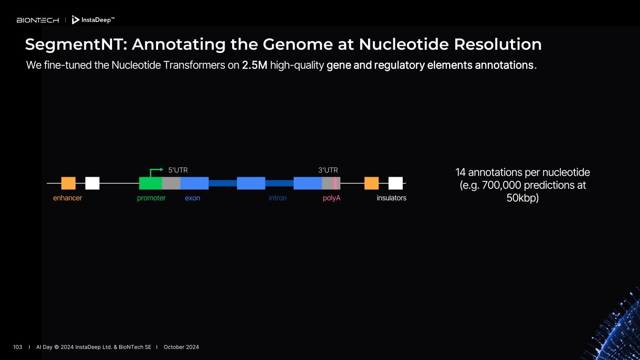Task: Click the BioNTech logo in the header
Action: (x=38, y=20)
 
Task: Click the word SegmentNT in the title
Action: (x=75, y=45)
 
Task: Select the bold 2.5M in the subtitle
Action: (x=255, y=65)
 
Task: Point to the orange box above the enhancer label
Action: (x=68, y=183)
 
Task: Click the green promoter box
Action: (x=151, y=183)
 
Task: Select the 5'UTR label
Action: (x=178, y=170)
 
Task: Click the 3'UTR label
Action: (x=328, y=170)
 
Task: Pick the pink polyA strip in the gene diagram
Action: (x=335, y=183)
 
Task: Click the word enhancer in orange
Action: (x=68, y=198)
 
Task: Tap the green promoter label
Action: (x=151, y=198)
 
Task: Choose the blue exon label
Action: (x=192, y=198)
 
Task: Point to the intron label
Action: (x=278, y=198)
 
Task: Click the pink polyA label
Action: (x=331, y=198)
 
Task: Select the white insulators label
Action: (x=392, y=198)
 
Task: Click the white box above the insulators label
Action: (x=396, y=183)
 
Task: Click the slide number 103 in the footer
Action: (x=18, y=347)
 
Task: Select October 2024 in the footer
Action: (x=181, y=347)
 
